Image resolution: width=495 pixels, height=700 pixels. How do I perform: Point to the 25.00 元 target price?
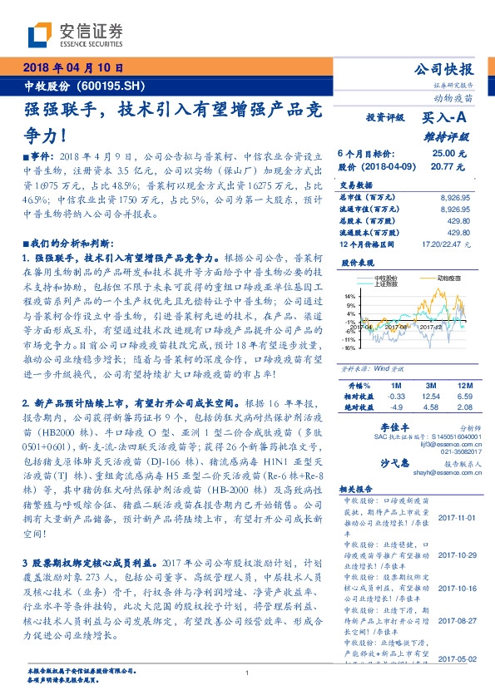click(x=443, y=154)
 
